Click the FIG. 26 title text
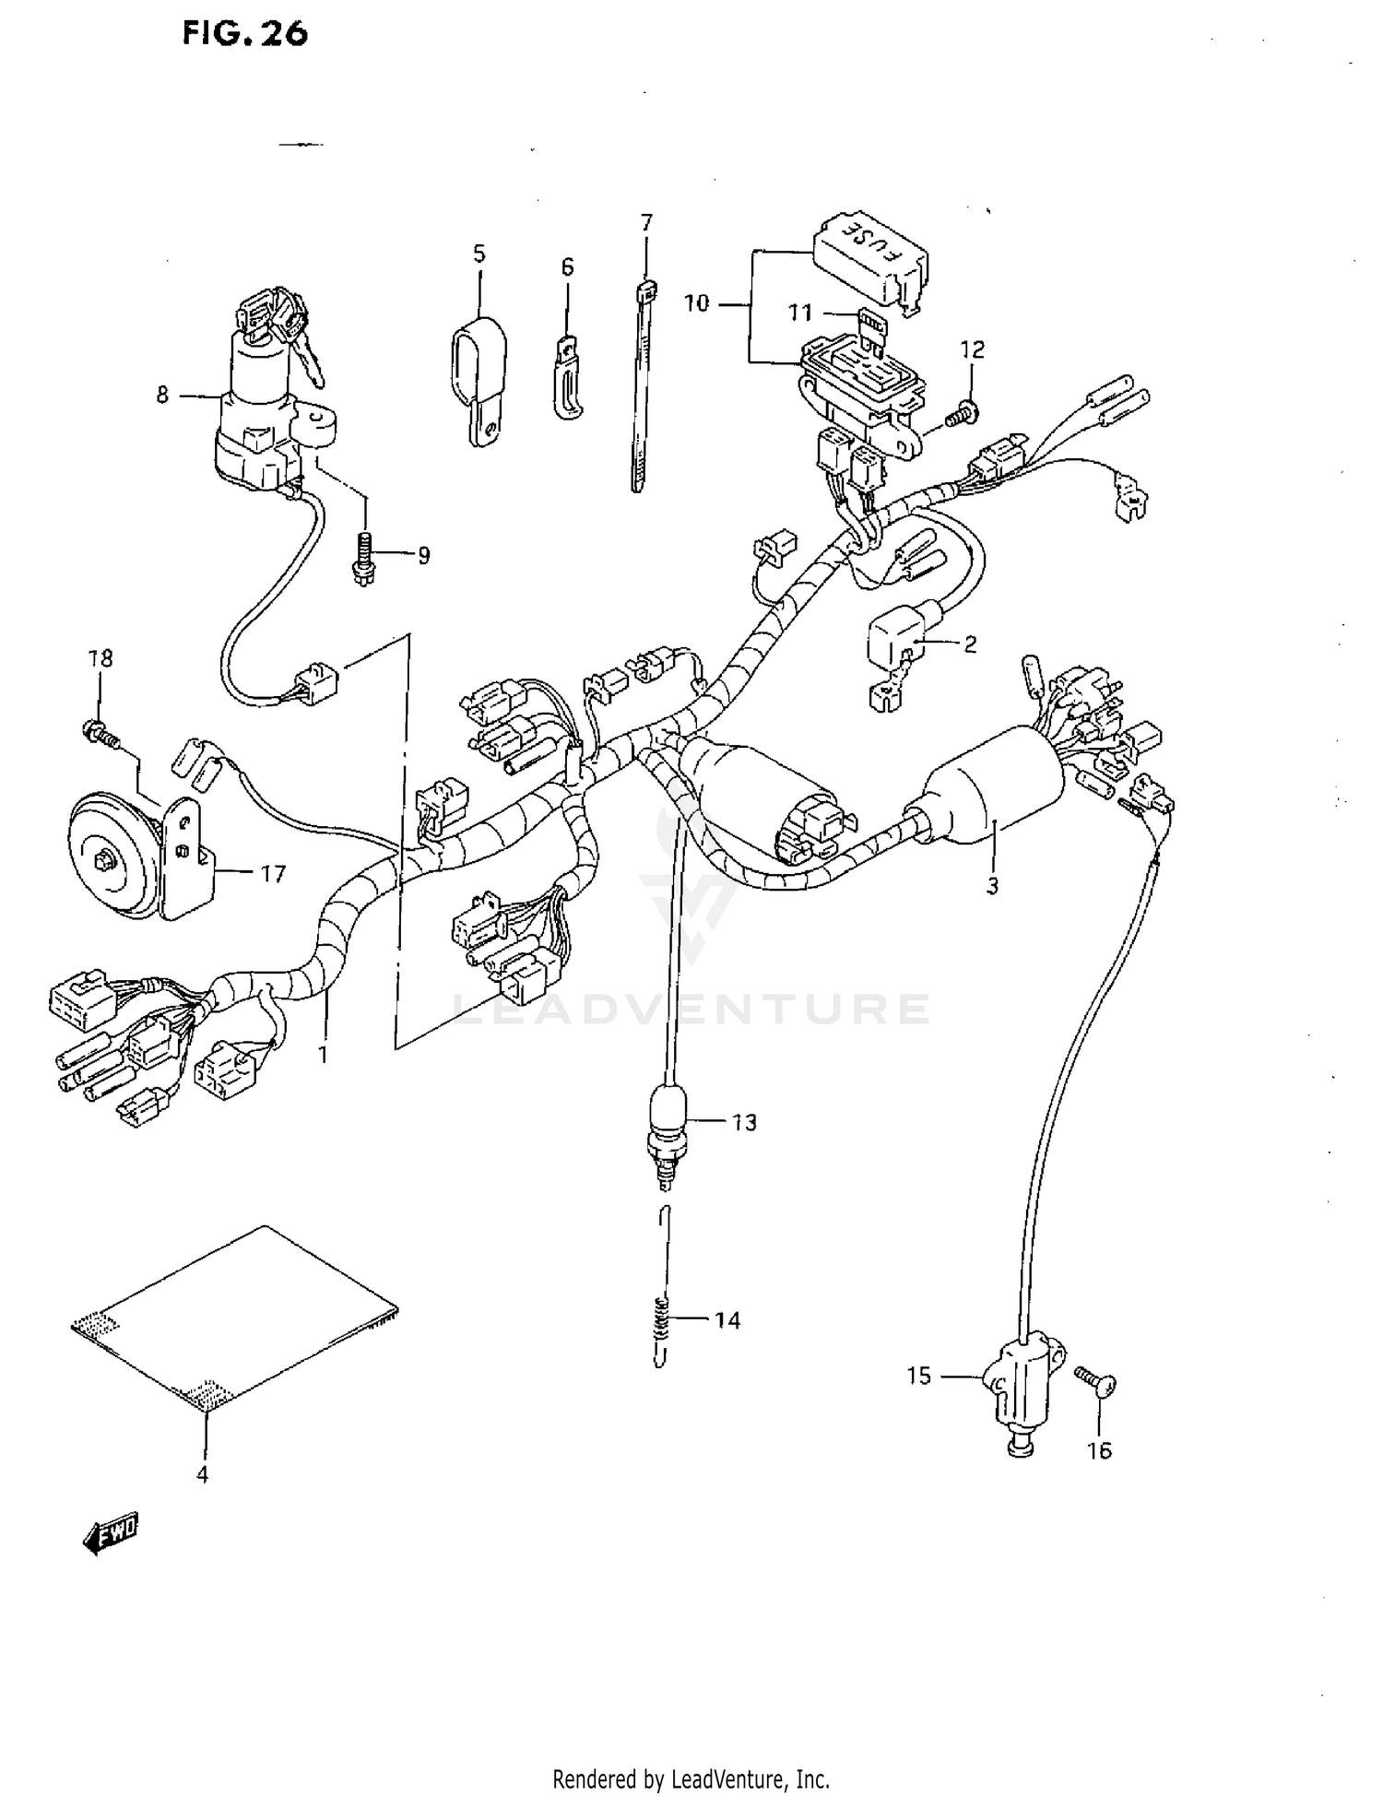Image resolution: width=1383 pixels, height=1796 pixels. tap(244, 34)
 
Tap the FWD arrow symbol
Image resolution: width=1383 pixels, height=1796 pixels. tap(110, 1534)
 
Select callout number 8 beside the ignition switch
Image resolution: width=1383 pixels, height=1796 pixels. tap(162, 396)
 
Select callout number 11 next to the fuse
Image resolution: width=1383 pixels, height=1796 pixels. tap(799, 313)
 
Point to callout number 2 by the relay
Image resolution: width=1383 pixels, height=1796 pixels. tap(970, 644)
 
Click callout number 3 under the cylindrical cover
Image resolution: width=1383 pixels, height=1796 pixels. tap(992, 887)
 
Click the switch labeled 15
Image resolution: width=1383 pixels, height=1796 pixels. tap(1020, 1381)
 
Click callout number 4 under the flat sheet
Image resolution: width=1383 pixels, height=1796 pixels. tap(202, 1474)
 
